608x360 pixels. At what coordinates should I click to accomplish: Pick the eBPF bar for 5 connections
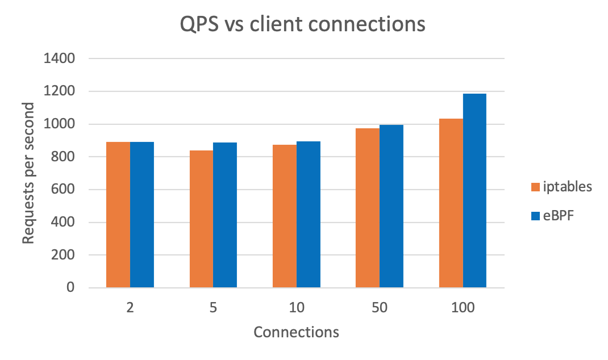[225, 215]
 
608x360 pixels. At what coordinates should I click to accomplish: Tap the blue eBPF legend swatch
[535, 216]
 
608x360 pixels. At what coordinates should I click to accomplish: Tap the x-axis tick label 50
[380, 308]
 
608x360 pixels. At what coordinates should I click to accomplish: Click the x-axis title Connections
[296, 332]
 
